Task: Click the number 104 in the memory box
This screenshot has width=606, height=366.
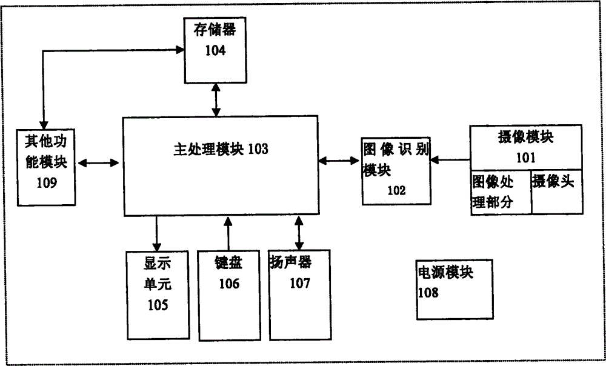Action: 215,50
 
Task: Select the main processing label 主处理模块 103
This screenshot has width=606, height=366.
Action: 217,149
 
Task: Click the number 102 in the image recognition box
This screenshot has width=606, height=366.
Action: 396,190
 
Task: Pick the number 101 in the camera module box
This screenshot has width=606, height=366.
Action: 525,158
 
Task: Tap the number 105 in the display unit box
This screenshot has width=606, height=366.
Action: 157,305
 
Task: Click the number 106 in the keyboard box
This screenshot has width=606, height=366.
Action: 228,283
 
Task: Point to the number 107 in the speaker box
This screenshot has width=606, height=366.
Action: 299,282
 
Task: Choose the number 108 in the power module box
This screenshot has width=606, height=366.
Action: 428,293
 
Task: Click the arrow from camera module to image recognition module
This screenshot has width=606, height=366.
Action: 451,160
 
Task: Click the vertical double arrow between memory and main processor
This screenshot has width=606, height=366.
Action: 216,100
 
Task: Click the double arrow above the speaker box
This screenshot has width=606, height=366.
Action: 298,231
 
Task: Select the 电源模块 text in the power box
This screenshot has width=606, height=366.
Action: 445,273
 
